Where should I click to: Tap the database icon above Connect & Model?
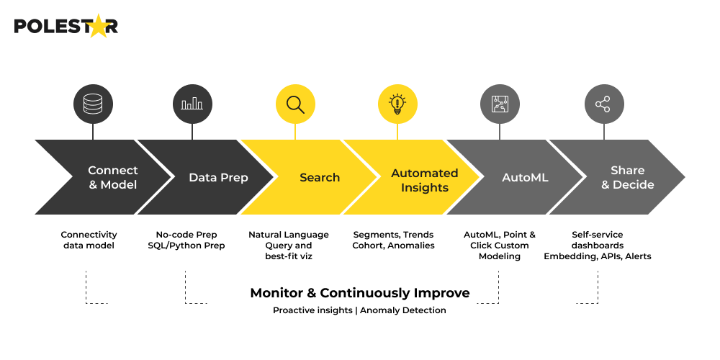click(93, 105)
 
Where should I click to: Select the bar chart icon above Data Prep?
click(192, 105)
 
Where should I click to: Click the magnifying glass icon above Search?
click(295, 105)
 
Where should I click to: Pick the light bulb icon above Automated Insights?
click(397, 105)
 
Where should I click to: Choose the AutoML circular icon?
click(500, 105)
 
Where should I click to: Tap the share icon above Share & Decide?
click(603, 105)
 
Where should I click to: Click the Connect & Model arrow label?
click(112, 178)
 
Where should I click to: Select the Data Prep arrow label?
click(218, 178)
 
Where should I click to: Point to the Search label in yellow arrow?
click(319, 178)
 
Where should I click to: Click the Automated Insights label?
click(424, 181)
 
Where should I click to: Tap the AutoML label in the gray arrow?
click(525, 178)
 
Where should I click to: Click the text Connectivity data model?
click(89, 240)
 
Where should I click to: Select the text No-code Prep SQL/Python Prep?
click(191, 240)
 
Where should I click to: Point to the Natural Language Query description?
click(288, 246)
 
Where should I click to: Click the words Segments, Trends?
click(393, 235)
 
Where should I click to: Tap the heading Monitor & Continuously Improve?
click(359, 293)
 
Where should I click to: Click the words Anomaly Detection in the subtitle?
click(402, 310)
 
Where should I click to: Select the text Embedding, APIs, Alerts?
click(597, 256)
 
